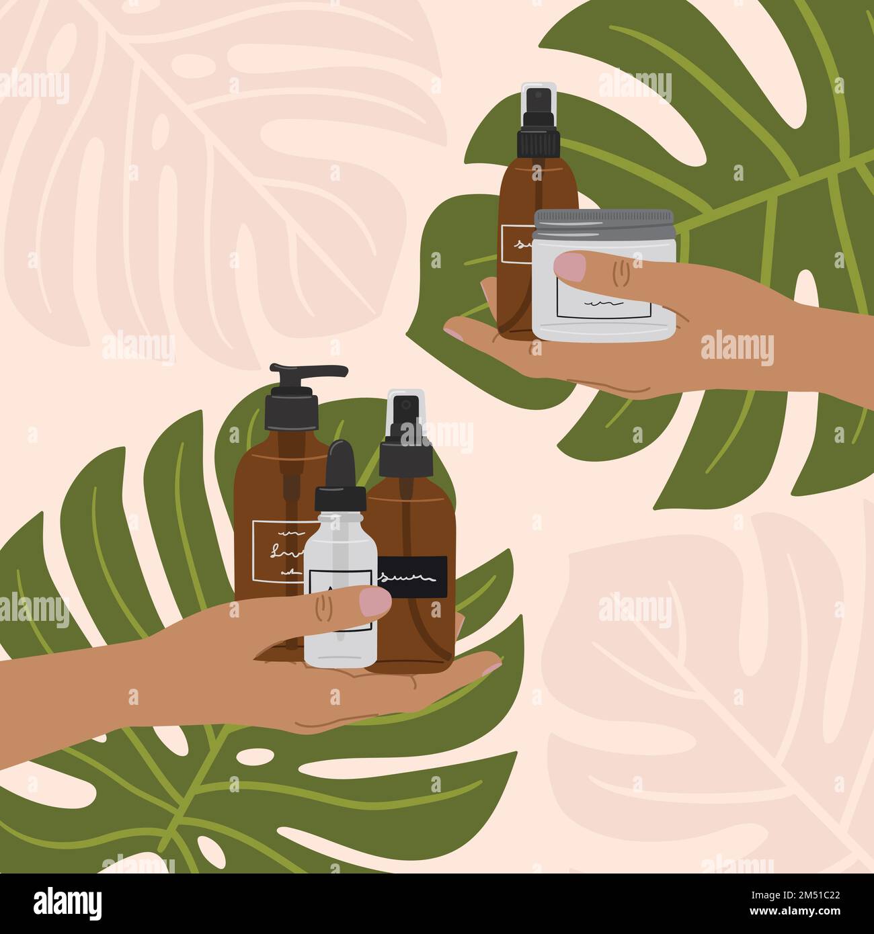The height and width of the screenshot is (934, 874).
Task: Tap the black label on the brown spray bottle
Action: (x=412, y=576)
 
